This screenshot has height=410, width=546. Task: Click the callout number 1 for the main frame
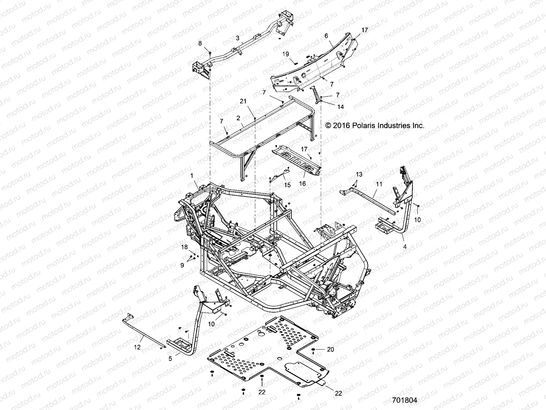(x=192, y=175)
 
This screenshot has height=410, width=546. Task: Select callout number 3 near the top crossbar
(x=238, y=38)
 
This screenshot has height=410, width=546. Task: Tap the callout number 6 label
(x=326, y=36)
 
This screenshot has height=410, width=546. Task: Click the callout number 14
(x=341, y=107)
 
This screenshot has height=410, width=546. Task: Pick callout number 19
(x=286, y=54)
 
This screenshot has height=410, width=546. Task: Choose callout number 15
(x=287, y=185)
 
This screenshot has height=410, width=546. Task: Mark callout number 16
(x=302, y=183)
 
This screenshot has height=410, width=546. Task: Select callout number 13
(x=358, y=175)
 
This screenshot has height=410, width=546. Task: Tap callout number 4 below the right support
(x=405, y=246)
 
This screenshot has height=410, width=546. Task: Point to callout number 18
(x=184, y=247)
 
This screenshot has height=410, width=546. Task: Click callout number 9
(x=182, y=265)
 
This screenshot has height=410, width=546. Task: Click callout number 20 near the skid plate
(x=330, y=350)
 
